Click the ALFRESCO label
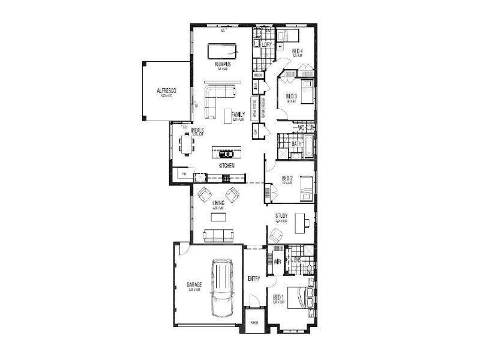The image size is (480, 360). (x=164, y=91)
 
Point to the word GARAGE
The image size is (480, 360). (x=194, y=284)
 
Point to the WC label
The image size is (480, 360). (x=302, y=128)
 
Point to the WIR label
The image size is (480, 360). (x=277, y=262)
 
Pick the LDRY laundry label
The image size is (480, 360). (x=268, y=45)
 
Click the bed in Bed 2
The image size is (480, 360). (x=305, y=188)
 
